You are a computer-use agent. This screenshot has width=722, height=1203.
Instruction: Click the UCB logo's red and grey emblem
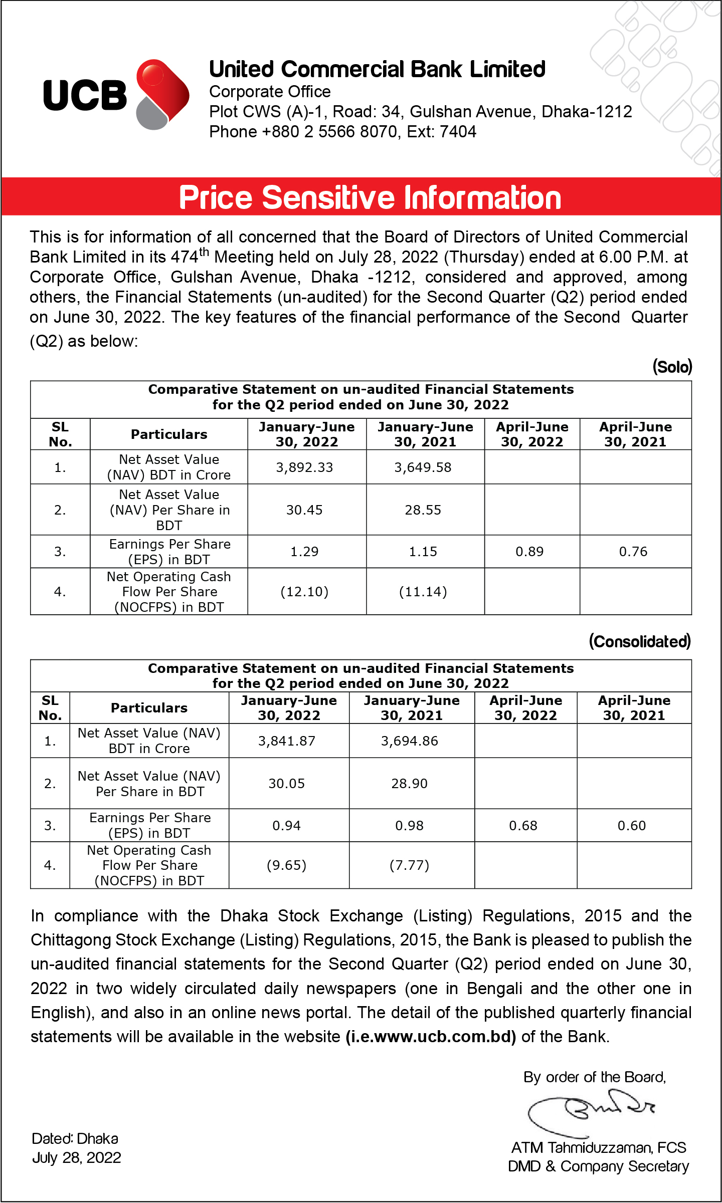pyautogui.click(x=161, y=94)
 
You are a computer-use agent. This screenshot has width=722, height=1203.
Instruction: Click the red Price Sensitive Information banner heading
pyautogui.click(x=370, y=197)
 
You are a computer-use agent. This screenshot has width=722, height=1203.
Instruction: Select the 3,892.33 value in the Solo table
pyautogui.click(x=304, y=467)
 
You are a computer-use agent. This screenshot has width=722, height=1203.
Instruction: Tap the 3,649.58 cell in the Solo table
pyautogui.click(x=423, y=467)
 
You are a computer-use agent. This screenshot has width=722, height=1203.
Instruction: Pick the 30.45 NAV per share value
pyautogui.click(x=304, y=510)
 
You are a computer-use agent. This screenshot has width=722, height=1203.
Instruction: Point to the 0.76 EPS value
pyautogui.click(x=633, y=552)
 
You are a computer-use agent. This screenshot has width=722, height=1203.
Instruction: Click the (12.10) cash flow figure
pyautogui.click(x=304, y=592)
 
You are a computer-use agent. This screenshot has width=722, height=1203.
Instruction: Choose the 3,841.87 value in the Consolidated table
pyautogui.click(x=287, y=741)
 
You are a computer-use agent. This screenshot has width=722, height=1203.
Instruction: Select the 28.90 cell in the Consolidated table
pyautogui.click(x=409, y=784)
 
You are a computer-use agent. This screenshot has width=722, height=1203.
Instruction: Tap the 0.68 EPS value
pyautogui.click(x=523, y=826)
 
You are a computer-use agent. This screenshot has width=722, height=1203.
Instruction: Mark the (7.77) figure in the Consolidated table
pyautogui.click(x=409, y=865)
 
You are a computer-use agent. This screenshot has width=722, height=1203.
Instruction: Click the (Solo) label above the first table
pyautogui.click(x=672, y=367)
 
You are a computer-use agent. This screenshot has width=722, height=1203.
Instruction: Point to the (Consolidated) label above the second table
pyautogui.click(x=640, y=641)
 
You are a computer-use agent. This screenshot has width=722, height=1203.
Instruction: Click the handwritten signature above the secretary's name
pyautogui.click(x=592, y=1115)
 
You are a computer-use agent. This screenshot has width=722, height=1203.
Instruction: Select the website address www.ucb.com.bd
pyautogui.click(x=431, y=1037)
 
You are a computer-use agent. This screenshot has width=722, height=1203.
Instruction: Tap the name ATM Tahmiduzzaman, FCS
pyautogui.click(x=599, y=1148)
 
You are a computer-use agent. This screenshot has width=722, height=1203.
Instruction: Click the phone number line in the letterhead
pyautogui.click(x=342, y=132)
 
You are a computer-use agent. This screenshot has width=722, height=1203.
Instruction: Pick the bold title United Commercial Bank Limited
pyautogui.click(x=377, y=69)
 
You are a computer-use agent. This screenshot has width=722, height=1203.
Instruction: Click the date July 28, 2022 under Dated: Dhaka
pyautogui.click(x=77, y=1158)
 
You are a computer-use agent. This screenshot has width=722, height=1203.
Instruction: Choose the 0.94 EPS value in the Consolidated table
pyautogui.click(x=287, y=826)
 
